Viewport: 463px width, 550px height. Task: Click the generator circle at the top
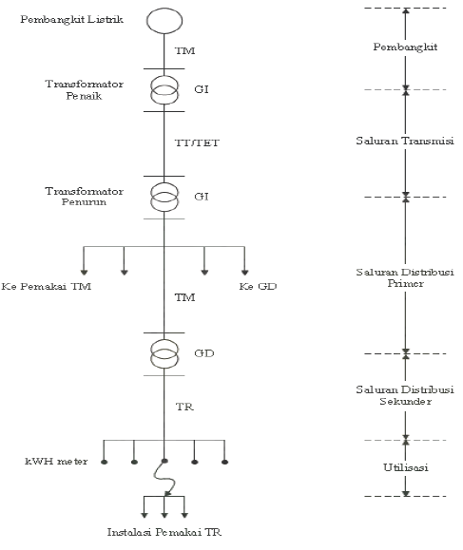click(x=164, y=22)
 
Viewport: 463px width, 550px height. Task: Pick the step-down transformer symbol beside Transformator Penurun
click(x=164, y=197)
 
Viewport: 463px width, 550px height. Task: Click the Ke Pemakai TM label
click(x=47, y=286)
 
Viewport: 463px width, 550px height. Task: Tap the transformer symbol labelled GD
click(x=164, y=354)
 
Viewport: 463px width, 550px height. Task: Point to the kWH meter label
click(x=56, y=462)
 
